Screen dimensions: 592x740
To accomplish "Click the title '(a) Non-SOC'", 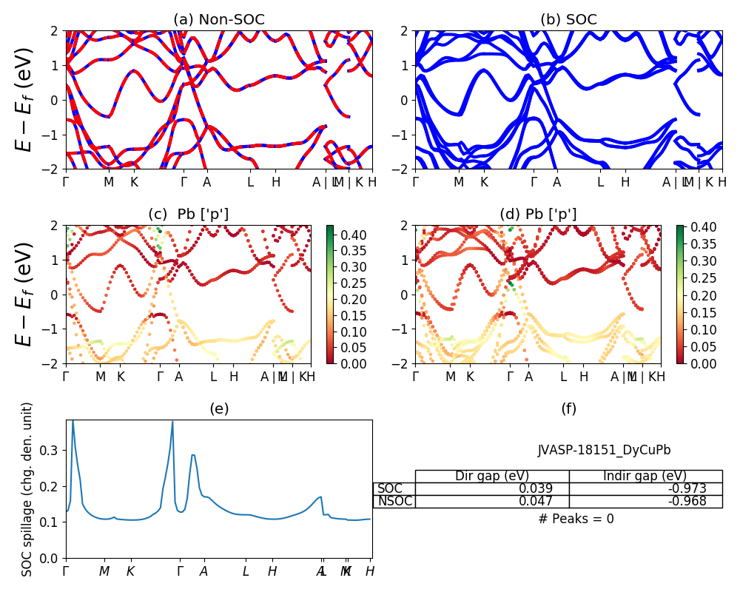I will click(218, 20).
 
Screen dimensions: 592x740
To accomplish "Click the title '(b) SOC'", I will click(568, 20).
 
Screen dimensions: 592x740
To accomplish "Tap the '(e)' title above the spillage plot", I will click(218, 408).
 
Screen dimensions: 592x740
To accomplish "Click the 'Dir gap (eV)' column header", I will click(492, 476).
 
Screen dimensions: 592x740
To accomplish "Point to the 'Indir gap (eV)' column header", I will click(645, 476).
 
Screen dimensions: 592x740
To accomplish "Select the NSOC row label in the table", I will click(394, 501).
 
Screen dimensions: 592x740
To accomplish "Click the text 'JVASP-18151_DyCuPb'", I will click(604, 450).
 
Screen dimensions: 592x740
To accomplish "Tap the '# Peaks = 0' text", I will click(576, 519).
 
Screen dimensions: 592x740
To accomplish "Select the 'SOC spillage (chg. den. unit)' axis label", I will click(27, 489).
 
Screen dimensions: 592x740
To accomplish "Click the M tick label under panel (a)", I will click(109, 182).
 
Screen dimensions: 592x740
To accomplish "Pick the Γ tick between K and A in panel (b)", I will click(534, 182).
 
